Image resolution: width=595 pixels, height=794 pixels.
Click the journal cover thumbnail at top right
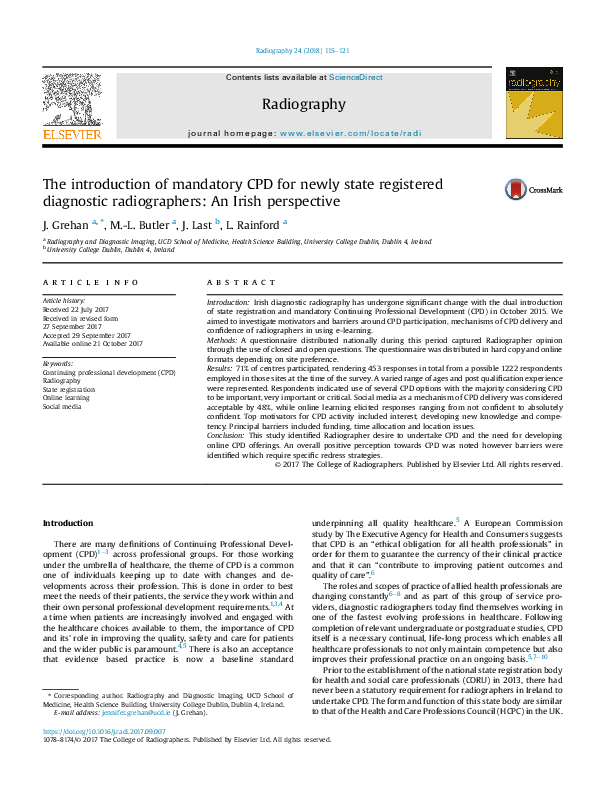tap(528, 103)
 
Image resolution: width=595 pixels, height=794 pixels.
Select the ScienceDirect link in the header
tap(357, 77)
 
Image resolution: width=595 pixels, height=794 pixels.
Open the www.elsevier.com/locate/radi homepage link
tap(349, 132)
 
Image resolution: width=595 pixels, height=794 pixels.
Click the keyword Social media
tap(63, 406)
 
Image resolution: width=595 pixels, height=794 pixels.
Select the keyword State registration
tap(68, 389)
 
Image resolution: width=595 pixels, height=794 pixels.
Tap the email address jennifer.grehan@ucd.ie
tap(121, 739)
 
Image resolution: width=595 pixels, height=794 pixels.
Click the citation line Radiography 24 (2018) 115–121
tap(302, 50)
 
